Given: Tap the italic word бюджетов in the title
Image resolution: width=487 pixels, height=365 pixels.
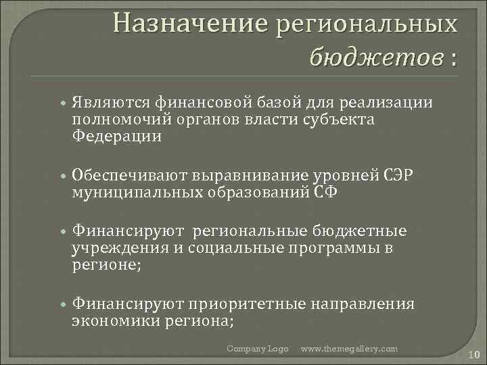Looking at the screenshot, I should (374, 57).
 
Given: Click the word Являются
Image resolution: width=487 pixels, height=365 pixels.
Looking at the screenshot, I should (111, 102).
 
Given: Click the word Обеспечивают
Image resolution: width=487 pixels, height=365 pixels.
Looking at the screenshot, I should (129, 175).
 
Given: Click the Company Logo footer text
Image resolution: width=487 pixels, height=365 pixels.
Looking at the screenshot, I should (257, 348).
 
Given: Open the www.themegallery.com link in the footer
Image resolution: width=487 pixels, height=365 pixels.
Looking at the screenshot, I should (349, 348).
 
